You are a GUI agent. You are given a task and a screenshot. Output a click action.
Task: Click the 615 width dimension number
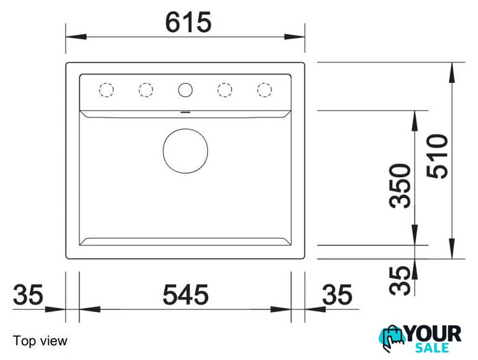[188, 22]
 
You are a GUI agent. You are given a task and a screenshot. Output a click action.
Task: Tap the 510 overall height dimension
[437, 156]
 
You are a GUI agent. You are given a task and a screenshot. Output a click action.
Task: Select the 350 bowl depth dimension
[400, 186]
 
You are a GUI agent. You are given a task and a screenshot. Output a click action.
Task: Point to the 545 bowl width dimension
[186, 294]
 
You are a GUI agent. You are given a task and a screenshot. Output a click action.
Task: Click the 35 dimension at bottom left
[28, 294]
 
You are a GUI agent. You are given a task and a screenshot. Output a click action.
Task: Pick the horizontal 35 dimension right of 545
[337, 294]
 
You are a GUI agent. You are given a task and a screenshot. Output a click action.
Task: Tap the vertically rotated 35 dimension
[400, 281]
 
